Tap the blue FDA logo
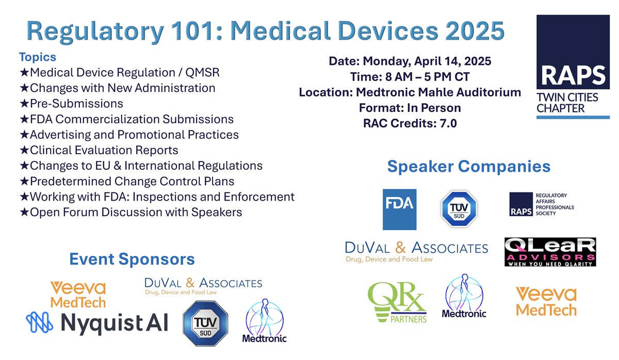pos(399,209)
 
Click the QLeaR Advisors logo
pos(550,252)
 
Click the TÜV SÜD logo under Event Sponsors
pos(206,324)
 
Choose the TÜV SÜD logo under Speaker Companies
pos(459,208)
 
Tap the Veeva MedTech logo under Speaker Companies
pos(546,301)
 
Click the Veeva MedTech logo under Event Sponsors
pos(78,294)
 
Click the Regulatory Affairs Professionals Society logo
pos(541,205)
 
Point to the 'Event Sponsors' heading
pos(132,259)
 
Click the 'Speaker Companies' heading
pos(468,167)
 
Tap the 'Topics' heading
pos(38,57)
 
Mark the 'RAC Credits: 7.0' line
pos(410,123)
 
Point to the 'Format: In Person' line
pos(410,108)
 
